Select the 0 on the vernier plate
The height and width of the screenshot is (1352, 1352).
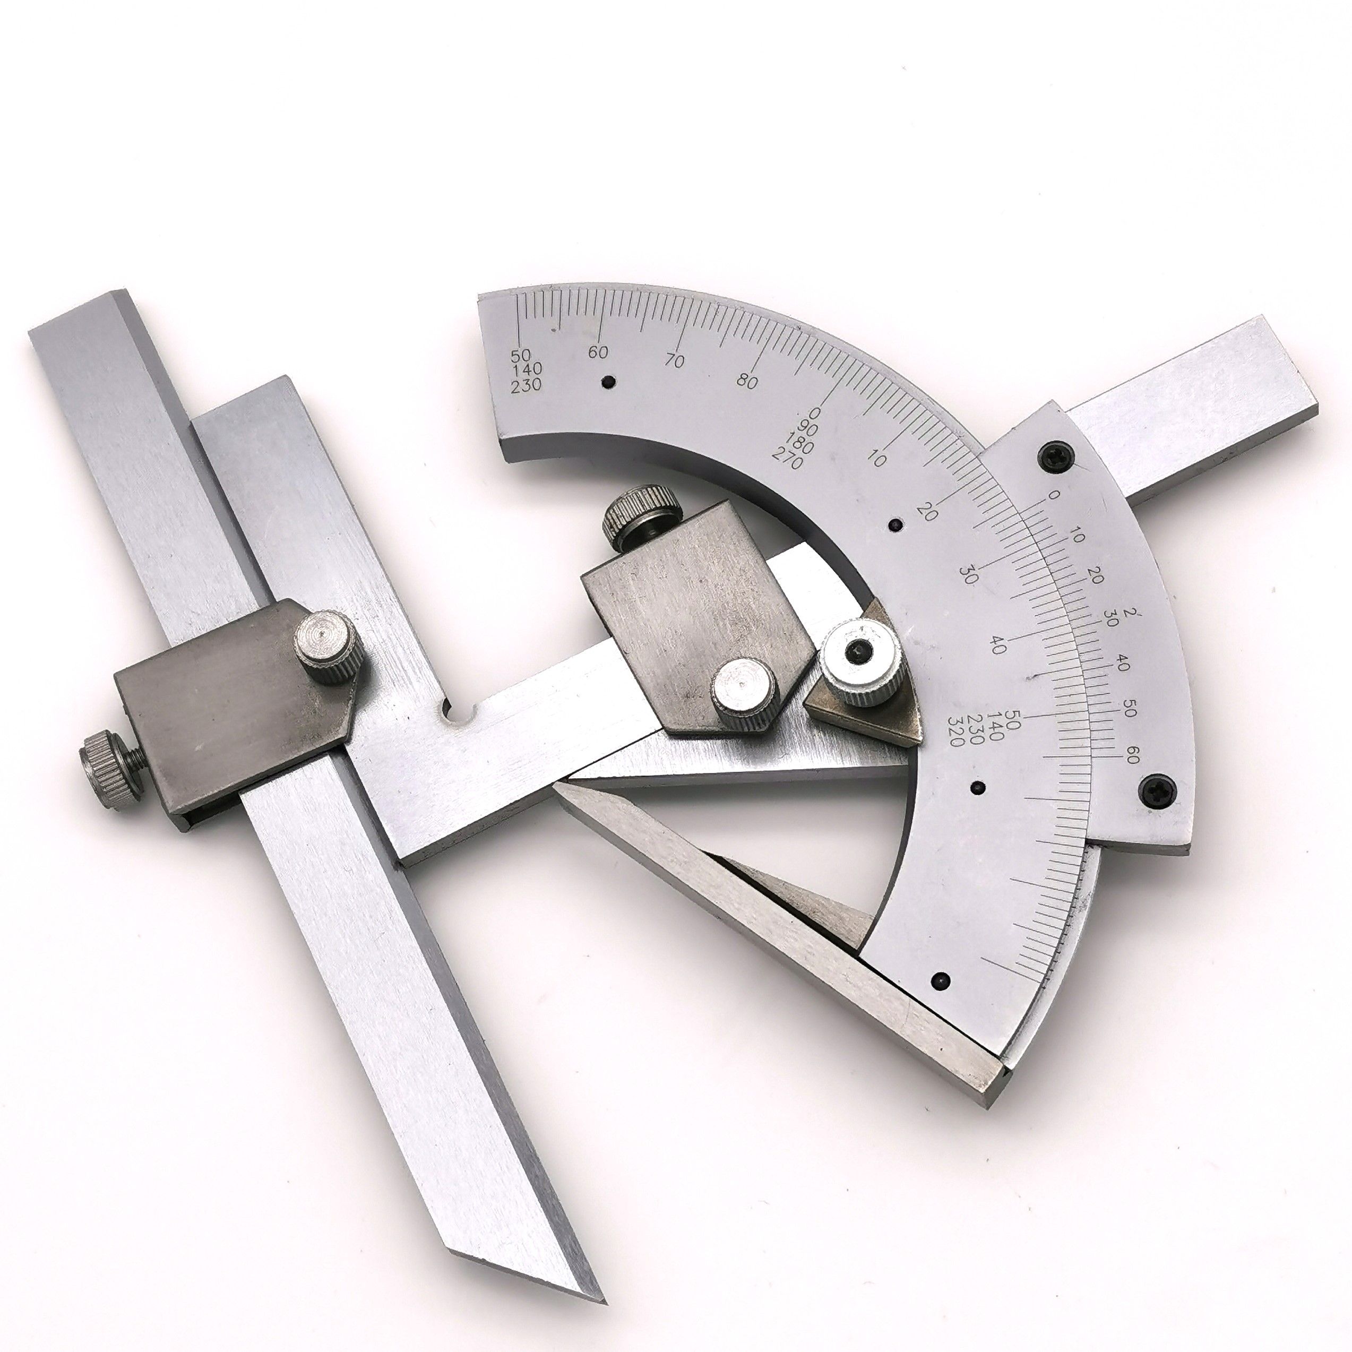[1055, 495]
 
